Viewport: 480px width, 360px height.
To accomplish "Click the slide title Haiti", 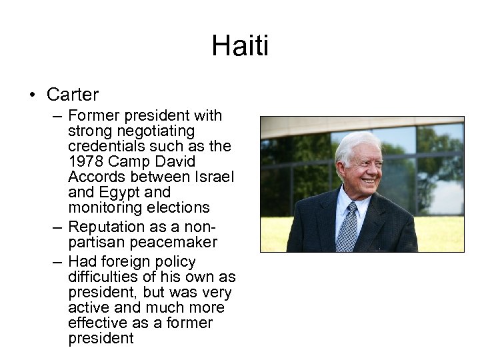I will pyautogui.click(x=240, y=46).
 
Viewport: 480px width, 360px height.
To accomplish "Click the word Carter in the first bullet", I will pyautogui.click(x=73, y=95).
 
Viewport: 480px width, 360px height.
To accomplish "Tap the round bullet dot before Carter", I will pyautogui.click(x=33, y=95).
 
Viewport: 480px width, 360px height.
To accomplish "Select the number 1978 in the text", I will pyautogui.click(x=85, y=161).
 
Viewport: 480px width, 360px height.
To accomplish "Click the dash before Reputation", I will pyautogui.click(x=58, y=227).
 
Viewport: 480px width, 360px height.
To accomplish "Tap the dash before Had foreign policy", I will pyautogui.click(x=58, y=261).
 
